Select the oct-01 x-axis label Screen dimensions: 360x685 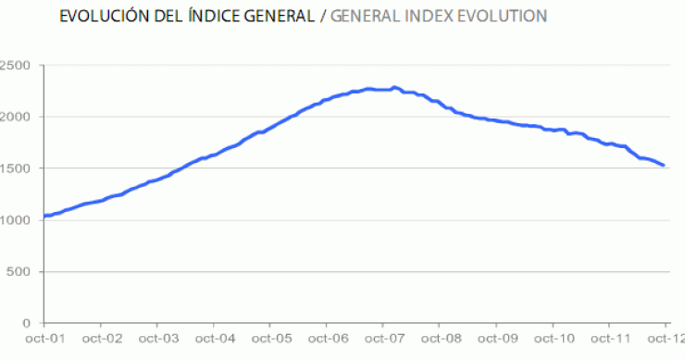pyautogui.click(x=44, y=341)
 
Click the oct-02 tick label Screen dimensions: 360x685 pyautogui.click(x=101, y=341)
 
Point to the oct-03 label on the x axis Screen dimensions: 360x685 pyautogui.click(x=157, y=341)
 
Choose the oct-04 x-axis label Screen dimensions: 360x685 pyautogui.click(x=214, y=341)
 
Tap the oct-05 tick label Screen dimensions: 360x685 pyautogui.click(x=270, y=341)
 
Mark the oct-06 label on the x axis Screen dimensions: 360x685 pyautogui.click(x=327, y=341)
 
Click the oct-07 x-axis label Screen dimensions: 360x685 pyautogui.click(x=383, y=341)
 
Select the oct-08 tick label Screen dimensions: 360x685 pyautogui.click(x=440, y=341)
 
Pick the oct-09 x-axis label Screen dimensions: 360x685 pyautogui.click(x=496, y=341)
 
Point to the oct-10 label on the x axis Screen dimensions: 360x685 pyautogui.click(x=553, y=341)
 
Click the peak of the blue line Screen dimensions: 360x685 pyautogui.click(x=395, y=88)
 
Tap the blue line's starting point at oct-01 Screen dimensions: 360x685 pyautogui.click(x=44, y=216)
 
